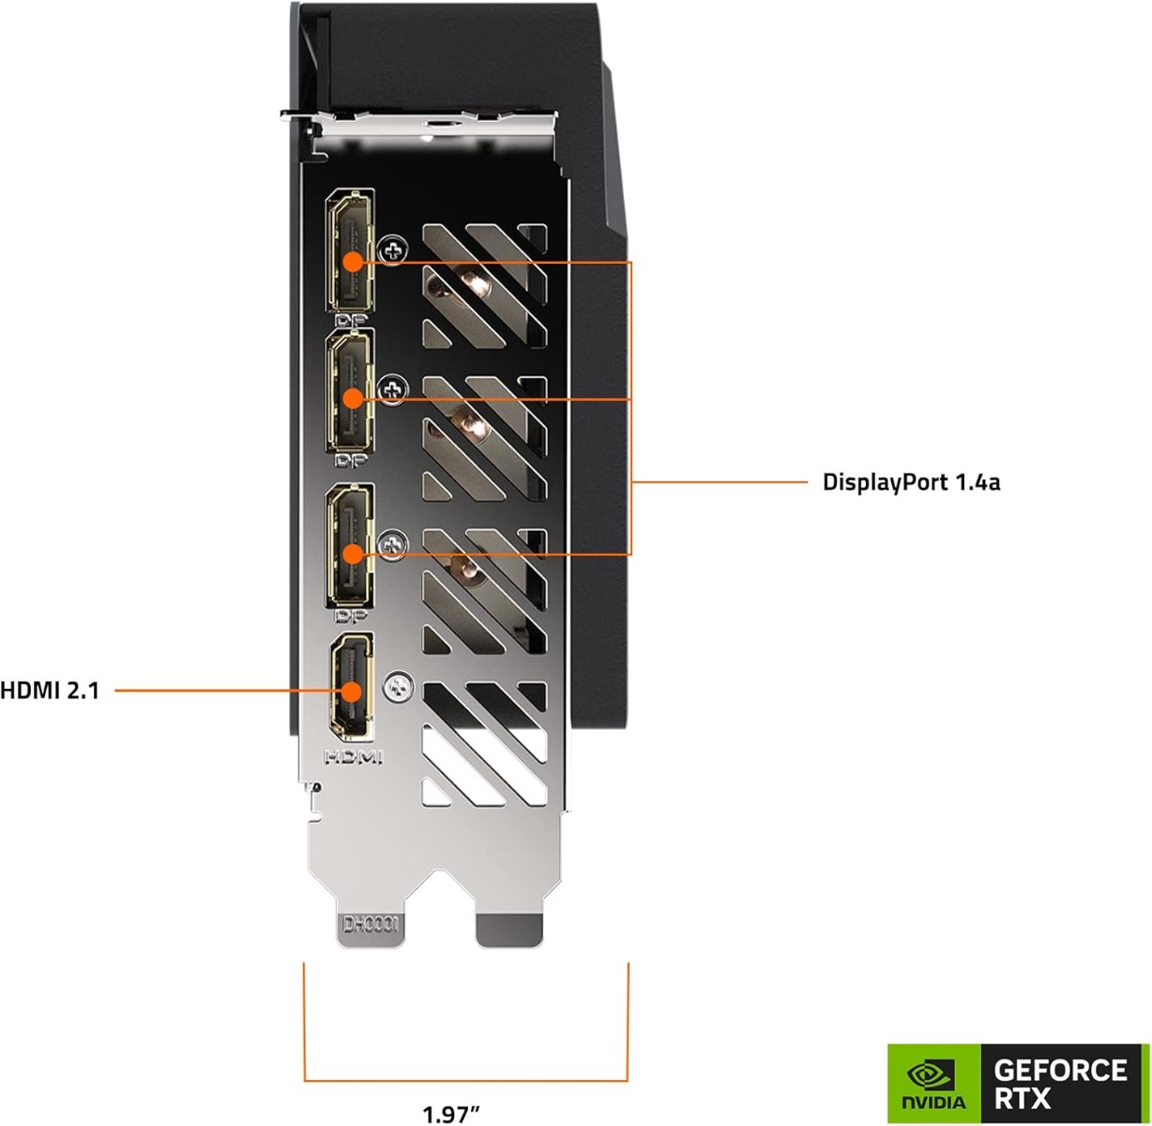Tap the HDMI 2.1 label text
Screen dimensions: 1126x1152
(x=50, y=692)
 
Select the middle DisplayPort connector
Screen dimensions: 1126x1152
(x=350, y=398)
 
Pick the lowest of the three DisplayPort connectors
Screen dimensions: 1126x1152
(x=350, y=554)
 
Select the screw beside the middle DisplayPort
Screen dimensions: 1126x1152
(x=392, y=388)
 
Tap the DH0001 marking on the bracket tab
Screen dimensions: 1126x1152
(x=371, y=925)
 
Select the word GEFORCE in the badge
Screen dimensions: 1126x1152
(x=1059, y=1069)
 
